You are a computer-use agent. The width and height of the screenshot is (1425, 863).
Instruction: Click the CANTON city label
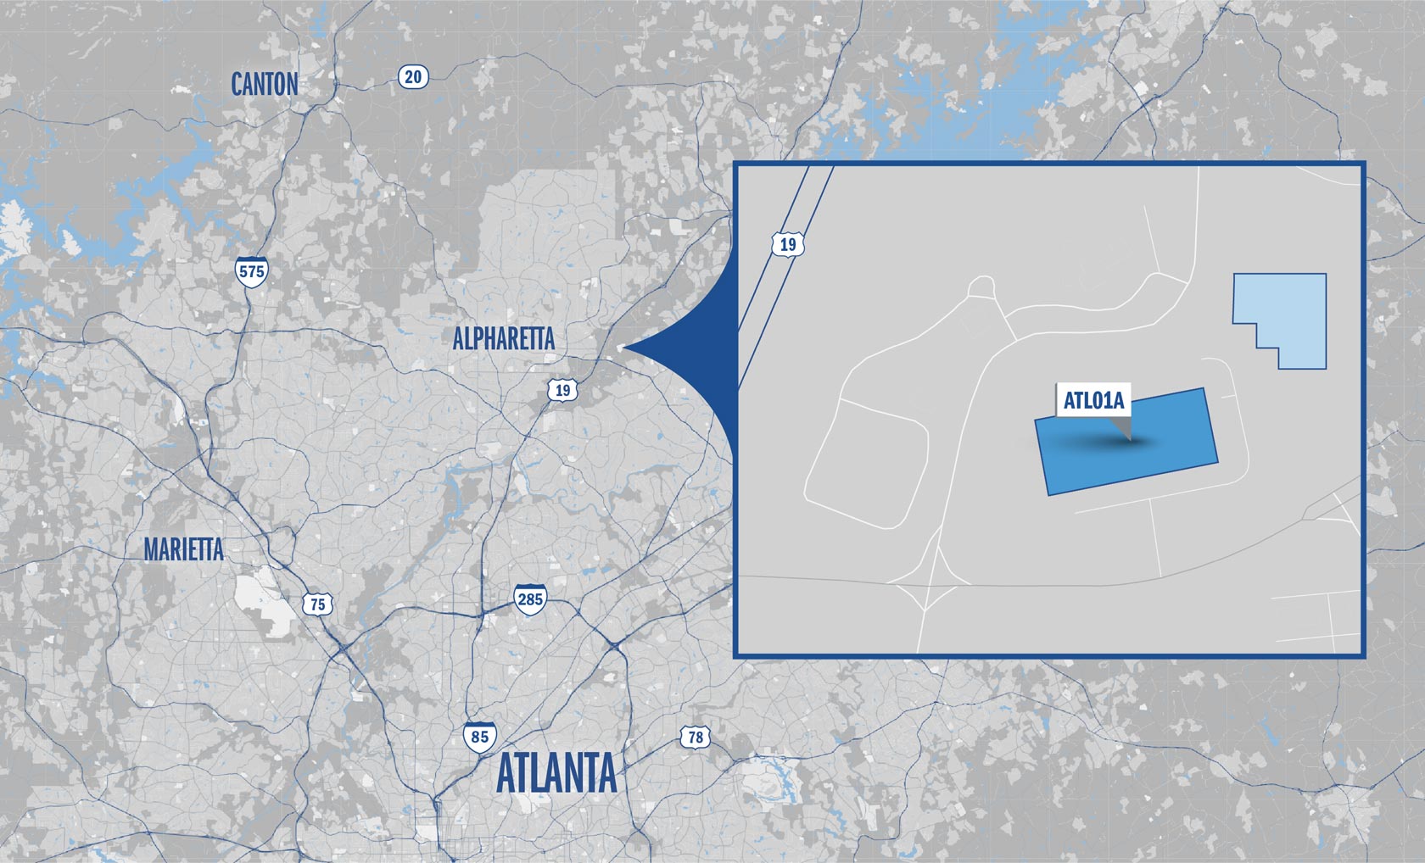click(265, 85)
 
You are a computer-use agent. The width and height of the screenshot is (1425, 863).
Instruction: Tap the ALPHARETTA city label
click(503, 339)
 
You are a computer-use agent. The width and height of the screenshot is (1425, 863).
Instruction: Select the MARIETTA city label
click(183, 549)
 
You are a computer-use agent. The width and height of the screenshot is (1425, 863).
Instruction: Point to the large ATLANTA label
click(556, 773)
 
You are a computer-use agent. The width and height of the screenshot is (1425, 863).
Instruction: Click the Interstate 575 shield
click(252, 271)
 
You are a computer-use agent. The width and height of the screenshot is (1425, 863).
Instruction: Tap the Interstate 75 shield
click(317, 604)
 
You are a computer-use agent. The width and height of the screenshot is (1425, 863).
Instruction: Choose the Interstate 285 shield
click(530, 599)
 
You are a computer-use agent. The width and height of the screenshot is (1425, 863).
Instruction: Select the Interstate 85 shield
click(480, 736)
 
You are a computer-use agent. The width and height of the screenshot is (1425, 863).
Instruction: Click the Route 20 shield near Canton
click(413, 77)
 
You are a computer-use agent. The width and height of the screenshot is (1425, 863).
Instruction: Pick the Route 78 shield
click(696, 737)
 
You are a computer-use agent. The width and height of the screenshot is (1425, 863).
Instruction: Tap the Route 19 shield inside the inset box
click(788, 245)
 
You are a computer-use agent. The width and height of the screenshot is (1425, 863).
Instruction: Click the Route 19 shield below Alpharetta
click(562, 390)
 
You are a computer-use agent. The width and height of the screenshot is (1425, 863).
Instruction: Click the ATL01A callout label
click(1093, 400)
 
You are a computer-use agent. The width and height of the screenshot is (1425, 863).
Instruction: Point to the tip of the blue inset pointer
click(621, 347)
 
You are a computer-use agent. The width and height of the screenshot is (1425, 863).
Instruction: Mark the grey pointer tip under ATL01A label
click(1130, 439)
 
